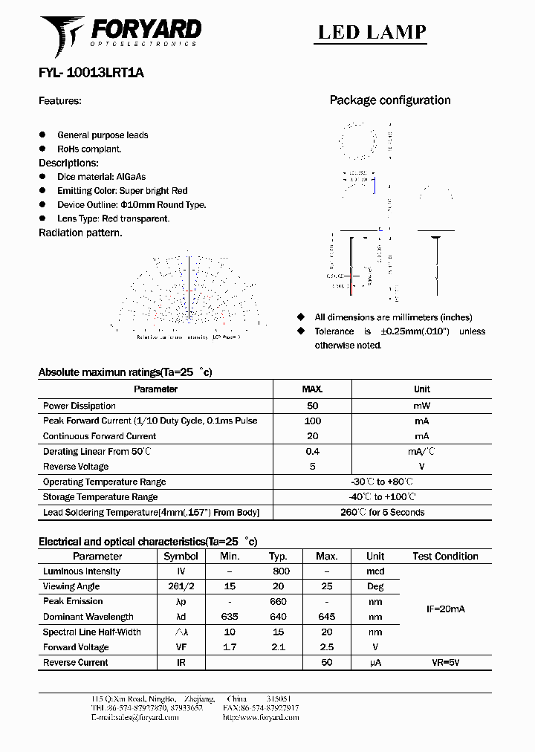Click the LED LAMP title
pyautogui.click(x=372, y=32)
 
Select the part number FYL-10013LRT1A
pyautogui.click(x=91, y=74)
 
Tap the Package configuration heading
pyautogui.click(x=390, y=100)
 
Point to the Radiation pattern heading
pyautogui.click(x=80, y=233)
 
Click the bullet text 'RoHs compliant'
pyautogui.click(x=89, y=149)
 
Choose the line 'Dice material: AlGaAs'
pyautogui.click(x=101, y=177)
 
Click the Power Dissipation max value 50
pyautogui.click(x=312, y=406)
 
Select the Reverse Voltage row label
pyautogui.click(x=76, y=467)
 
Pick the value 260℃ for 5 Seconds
pyautogui.click(x=383, y=512)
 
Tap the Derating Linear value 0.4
pyautogui.click(x=312, y=452)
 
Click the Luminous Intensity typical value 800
pyautogui.click(x=281, y=571)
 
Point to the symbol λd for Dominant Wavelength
pyautogui.click(x=181, y=617)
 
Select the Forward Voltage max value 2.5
pyautogui.click(x=326, y=647)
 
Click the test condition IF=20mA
pyautogui.click(x=445, y=609)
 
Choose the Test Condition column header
pyautogui.click(x=445, y=557)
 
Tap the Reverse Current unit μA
pyautogui.click(x=375, y=662)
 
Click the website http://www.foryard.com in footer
pyautogui.click(x=261, y=718)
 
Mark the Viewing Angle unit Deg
pyautogui.click(x=375, y=586)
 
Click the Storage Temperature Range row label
pyautogui.click(x=100, y=497)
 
